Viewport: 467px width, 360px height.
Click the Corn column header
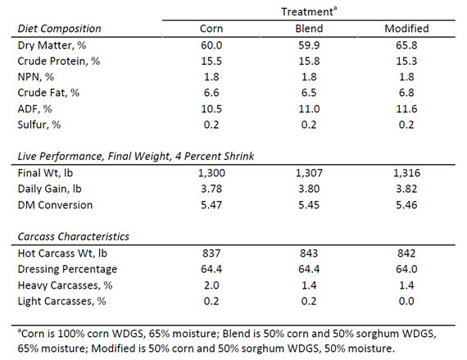pos(211,29)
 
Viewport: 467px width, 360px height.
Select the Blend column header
pos(309,29)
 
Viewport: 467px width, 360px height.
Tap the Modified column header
pos(406,29)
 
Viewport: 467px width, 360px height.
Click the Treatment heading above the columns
pos(309,11)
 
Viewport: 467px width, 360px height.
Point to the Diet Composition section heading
pos(59,29)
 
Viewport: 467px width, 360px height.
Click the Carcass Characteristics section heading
pos(73,237)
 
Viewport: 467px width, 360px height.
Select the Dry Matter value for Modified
pos(406,45)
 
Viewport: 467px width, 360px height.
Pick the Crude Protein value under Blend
pos(309,61)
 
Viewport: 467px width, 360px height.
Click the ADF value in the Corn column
pos(211,109)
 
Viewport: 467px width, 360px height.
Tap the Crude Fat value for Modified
pos(406,93)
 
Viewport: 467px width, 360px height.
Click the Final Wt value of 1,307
pos(309,173)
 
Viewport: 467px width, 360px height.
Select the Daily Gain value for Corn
pos(211,189)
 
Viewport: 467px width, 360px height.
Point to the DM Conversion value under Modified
pos(406,205)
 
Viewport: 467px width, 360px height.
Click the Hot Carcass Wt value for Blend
pos(309,253)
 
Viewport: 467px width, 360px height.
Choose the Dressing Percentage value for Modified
pos(406,269)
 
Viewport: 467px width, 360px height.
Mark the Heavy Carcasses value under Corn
pos(211,285)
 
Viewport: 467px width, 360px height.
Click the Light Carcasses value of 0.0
pos(406,301)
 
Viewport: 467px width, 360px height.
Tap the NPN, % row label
pos(36,77)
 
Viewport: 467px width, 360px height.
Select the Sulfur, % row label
pos(39,125)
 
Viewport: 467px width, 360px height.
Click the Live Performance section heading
pos(136,156)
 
